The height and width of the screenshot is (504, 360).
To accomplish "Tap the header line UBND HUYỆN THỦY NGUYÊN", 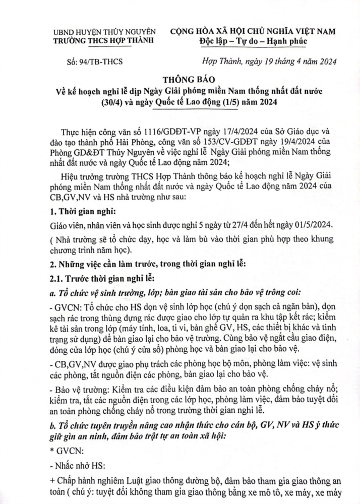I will (x=104, y=31).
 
